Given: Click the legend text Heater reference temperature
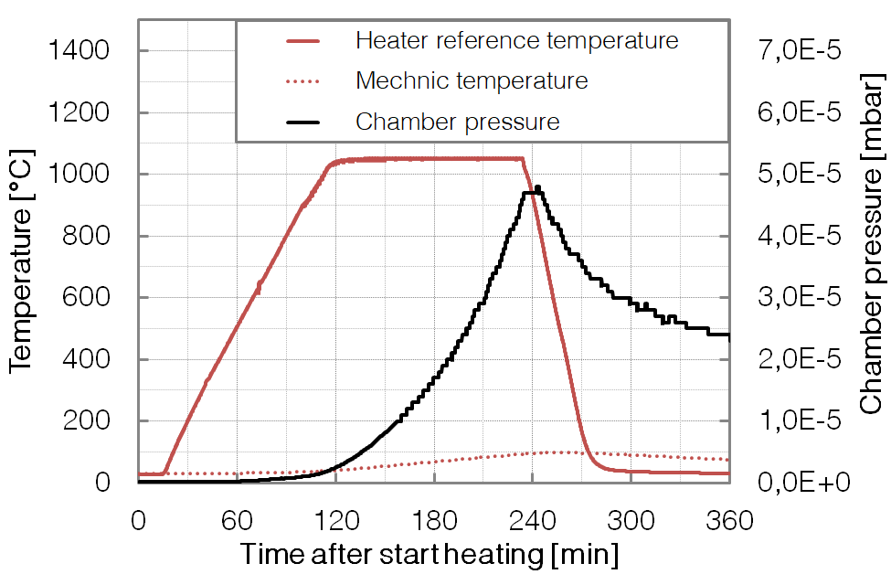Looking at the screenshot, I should point(516,41).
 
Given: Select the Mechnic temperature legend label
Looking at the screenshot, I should point(472,80).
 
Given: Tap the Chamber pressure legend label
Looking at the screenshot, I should point(457,121).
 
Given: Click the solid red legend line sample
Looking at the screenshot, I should point(302,41).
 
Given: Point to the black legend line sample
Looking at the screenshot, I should point(302,122).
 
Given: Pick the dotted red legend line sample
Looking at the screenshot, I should point(302,81).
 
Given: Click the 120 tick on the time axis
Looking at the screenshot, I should point(335,522).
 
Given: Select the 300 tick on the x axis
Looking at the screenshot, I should point(631,522).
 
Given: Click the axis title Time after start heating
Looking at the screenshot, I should point(430,554).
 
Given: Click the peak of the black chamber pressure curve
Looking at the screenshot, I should point(537,187).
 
